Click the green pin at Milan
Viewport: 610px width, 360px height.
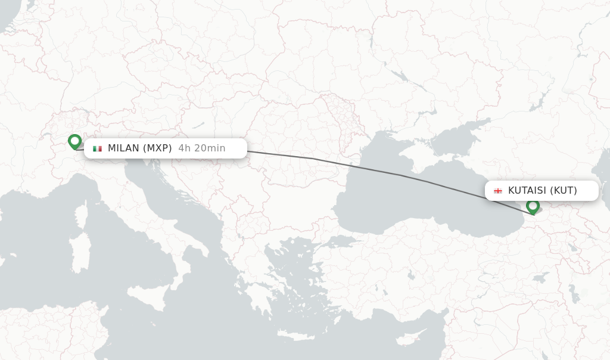[x=74, y=141]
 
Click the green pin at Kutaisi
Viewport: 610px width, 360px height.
[x=533, y=206]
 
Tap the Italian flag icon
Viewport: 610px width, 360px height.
[x=97, y=148]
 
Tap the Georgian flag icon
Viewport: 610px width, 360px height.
[x=498, y=191]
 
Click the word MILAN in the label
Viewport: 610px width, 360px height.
[x=123, y=148]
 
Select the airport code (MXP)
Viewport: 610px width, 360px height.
[x=157, y=148]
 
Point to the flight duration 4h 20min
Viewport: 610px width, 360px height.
[x=202, y=148]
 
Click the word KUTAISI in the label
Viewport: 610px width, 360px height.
[x=527, y=191]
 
